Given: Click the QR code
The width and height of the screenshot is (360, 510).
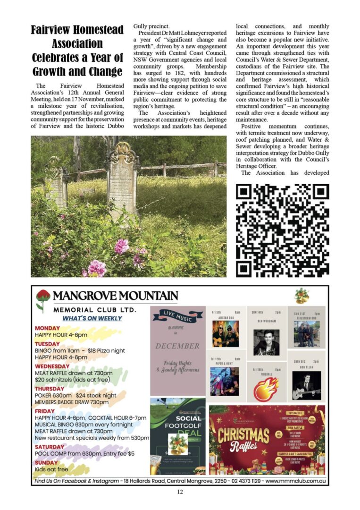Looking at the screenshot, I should pos(282,230).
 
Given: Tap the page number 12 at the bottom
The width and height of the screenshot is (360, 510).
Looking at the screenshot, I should pos(180,492).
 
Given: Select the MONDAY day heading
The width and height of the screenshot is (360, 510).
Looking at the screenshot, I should pos(47,328).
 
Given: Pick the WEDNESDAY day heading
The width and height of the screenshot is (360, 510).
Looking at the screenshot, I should pos(52,366).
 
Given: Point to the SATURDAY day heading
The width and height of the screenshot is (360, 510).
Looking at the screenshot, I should pos(50,447).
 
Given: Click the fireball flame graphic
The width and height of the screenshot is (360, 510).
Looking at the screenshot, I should pos(266,388).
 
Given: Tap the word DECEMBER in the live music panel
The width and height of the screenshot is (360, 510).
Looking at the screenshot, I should pos(177,346).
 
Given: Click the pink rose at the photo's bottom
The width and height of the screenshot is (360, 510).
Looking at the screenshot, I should pos(97,268).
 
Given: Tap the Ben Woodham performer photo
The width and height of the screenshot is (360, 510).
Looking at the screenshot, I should pos(266,342).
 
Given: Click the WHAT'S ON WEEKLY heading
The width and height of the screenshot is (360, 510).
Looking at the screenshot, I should pos(92,318).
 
